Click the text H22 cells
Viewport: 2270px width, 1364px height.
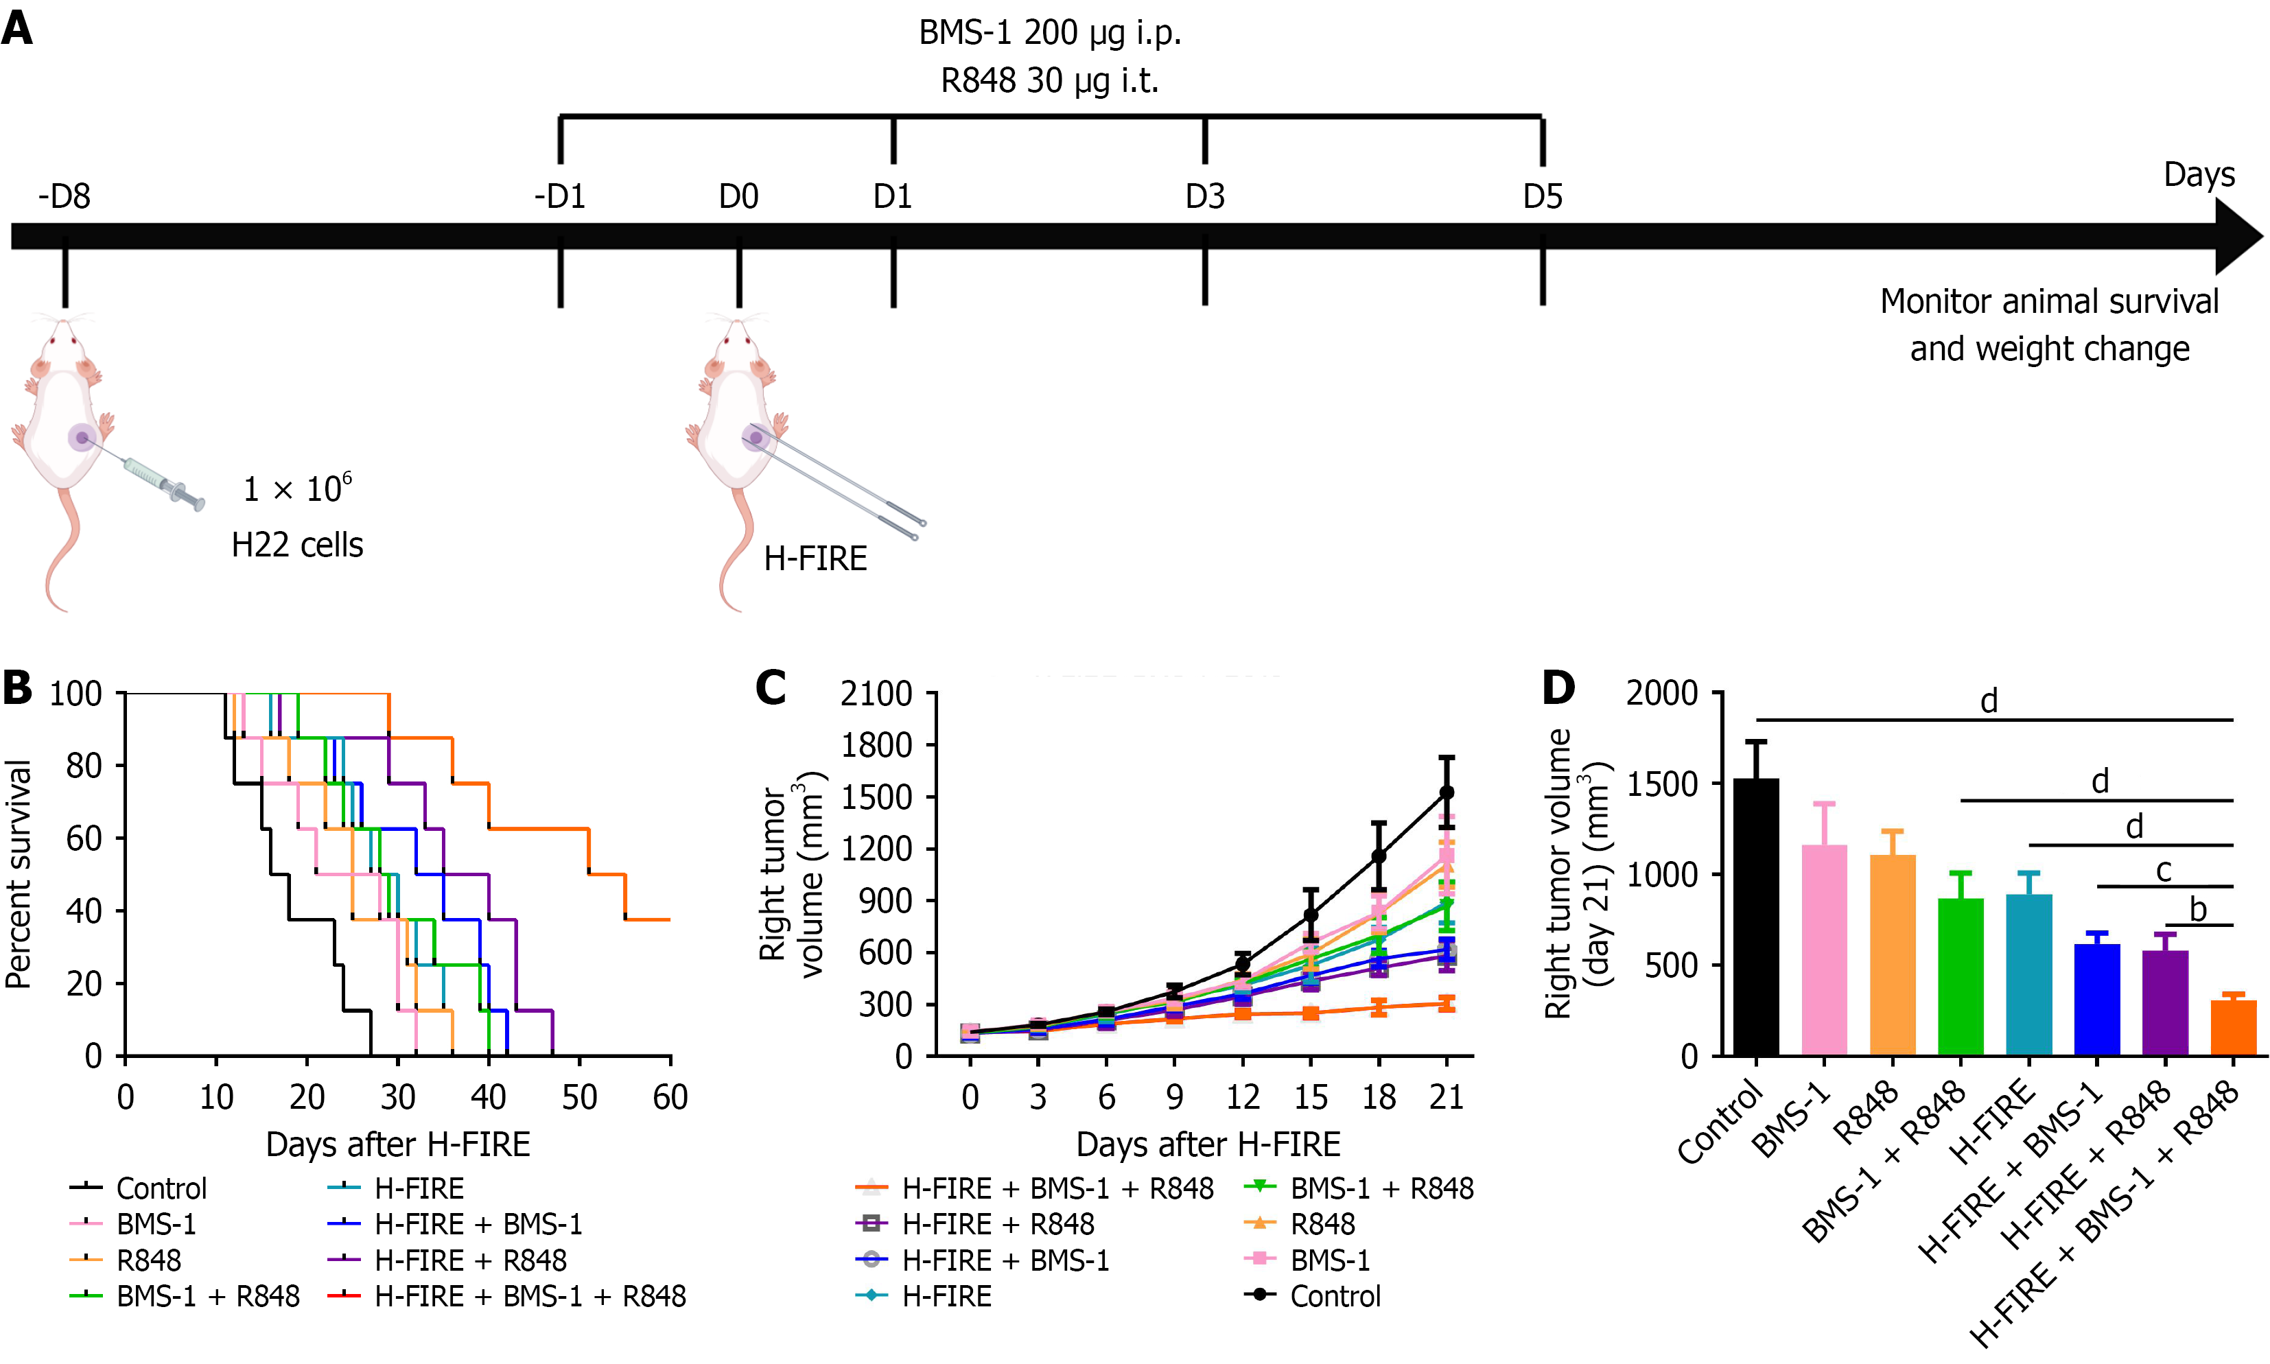[297, 545]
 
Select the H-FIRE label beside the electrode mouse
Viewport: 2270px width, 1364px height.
[815, 558]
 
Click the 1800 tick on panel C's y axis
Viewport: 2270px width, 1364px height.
[876, 744]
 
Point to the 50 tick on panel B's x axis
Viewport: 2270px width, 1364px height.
[579, 1096]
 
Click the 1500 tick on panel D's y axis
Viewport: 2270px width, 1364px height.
[1661, 784]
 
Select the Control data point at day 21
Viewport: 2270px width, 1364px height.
[1447, 792]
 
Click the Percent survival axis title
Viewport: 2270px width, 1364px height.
[19, 873]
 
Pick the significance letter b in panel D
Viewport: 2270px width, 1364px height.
[2197, 910]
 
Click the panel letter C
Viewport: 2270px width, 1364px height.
[770, 687]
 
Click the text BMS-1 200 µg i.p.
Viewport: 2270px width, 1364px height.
[1049, 33]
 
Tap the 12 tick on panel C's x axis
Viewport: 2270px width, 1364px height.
[1243, 1096]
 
